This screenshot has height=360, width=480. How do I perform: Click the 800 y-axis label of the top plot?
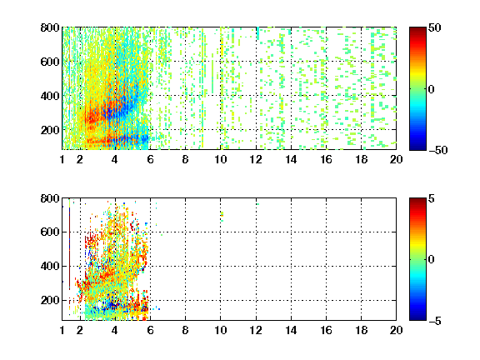pos(50,27)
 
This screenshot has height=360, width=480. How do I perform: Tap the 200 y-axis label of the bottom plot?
pos(50,300)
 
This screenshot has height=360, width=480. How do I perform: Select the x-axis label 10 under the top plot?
pos(220,159)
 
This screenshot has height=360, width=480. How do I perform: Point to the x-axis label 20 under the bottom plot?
pos(396,330)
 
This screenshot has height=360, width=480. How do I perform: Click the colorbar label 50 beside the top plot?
pos(434,27)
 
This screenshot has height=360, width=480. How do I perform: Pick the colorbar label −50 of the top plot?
pos(438,150)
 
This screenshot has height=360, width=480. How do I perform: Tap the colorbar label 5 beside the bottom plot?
pos(432,198)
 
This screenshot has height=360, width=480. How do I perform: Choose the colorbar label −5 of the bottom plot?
pos(435,321)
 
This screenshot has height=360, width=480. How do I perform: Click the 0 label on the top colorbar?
pos(432,89)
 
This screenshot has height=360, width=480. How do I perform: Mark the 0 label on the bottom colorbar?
pos(432,260)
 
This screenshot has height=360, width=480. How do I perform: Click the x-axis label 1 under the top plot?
pos(62,159)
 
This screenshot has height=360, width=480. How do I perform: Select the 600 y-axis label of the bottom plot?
pos(50,232)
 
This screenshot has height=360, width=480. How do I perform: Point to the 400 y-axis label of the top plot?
pos(50,96)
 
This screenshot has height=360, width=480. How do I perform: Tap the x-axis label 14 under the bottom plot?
pos(291,330)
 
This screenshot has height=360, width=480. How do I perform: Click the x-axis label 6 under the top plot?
pos(150,159)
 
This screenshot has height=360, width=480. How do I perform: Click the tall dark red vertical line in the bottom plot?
pos(69,248)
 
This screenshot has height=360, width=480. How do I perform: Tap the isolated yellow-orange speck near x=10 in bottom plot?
pos(222,214)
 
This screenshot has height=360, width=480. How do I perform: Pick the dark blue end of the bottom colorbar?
pos(417,318)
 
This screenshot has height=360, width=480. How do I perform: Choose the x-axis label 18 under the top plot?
pos(361,159)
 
